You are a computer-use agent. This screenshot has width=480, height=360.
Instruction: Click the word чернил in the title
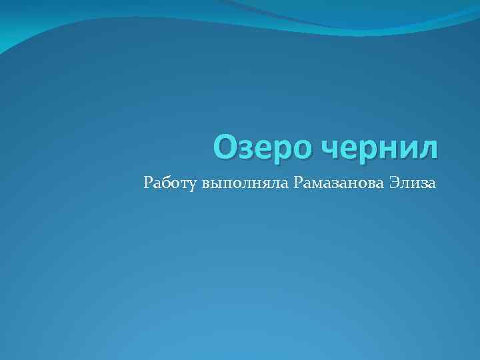(x=381, y=149)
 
